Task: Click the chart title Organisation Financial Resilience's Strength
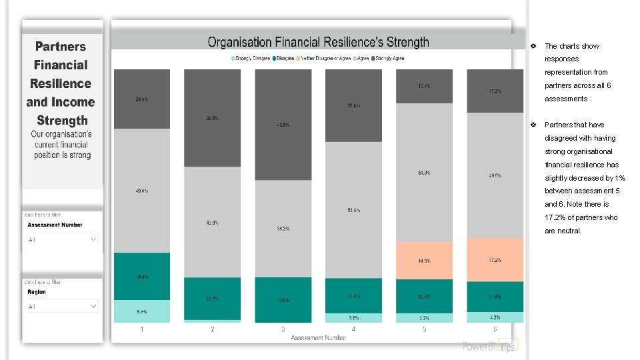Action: pos(318,42)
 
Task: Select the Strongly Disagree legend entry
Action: pos(251,58)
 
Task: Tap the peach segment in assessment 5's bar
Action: pos(424,261)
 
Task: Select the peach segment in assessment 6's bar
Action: pos(495,259)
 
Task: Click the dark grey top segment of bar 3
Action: pos(283,124)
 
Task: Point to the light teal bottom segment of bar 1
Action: pos(142,311)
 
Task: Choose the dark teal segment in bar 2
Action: pos(212,298)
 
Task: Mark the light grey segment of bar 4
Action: pos(353,210)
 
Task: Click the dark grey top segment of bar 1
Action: pos(142,99)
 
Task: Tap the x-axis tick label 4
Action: pos(353,329)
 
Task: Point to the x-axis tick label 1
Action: pos(142,329)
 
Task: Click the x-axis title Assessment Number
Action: pos(318,338)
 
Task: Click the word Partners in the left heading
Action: pos(61,47)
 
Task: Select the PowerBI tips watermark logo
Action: pos(489,346)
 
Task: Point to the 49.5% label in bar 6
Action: pos(495,176)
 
